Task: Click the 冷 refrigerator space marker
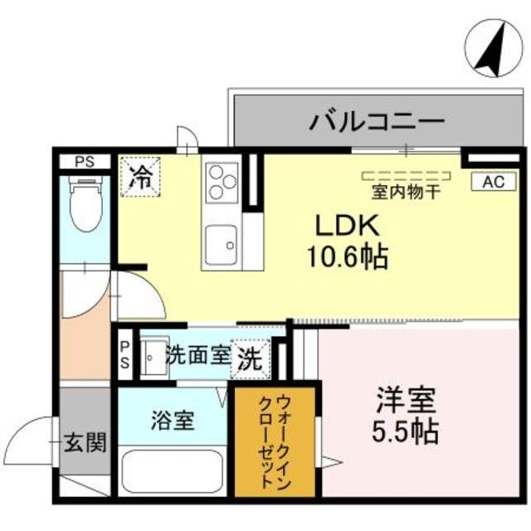142,176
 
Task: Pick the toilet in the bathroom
84,204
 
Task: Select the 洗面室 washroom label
197,354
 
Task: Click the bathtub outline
173,470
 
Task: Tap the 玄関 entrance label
85,442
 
